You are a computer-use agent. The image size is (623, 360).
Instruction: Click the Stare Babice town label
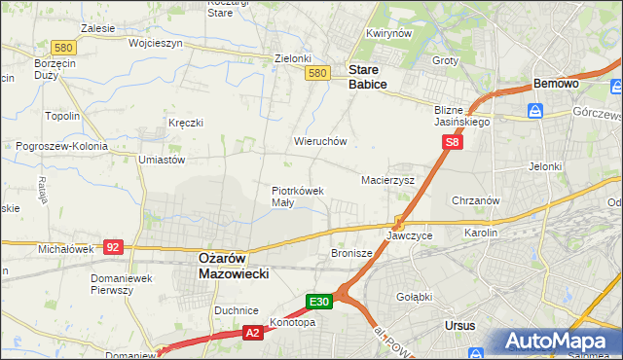[x=368, y=77]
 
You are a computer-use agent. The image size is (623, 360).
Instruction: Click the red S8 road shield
[x=452, y=142]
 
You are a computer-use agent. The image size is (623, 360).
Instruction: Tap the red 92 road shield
[x=113, y=247]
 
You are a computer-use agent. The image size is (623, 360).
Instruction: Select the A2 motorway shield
[x=251, y=333]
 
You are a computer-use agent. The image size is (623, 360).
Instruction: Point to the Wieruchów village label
[x=320, y=141]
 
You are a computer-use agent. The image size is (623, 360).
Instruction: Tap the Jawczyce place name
[x=409, y=235]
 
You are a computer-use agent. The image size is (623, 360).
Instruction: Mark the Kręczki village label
[x=185, y=123]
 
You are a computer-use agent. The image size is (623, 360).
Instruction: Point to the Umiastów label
[x=162, y=159]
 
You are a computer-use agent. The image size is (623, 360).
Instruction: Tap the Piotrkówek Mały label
[x=297, y=197]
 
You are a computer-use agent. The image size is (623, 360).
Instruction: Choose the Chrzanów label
[x=476, y=200]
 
